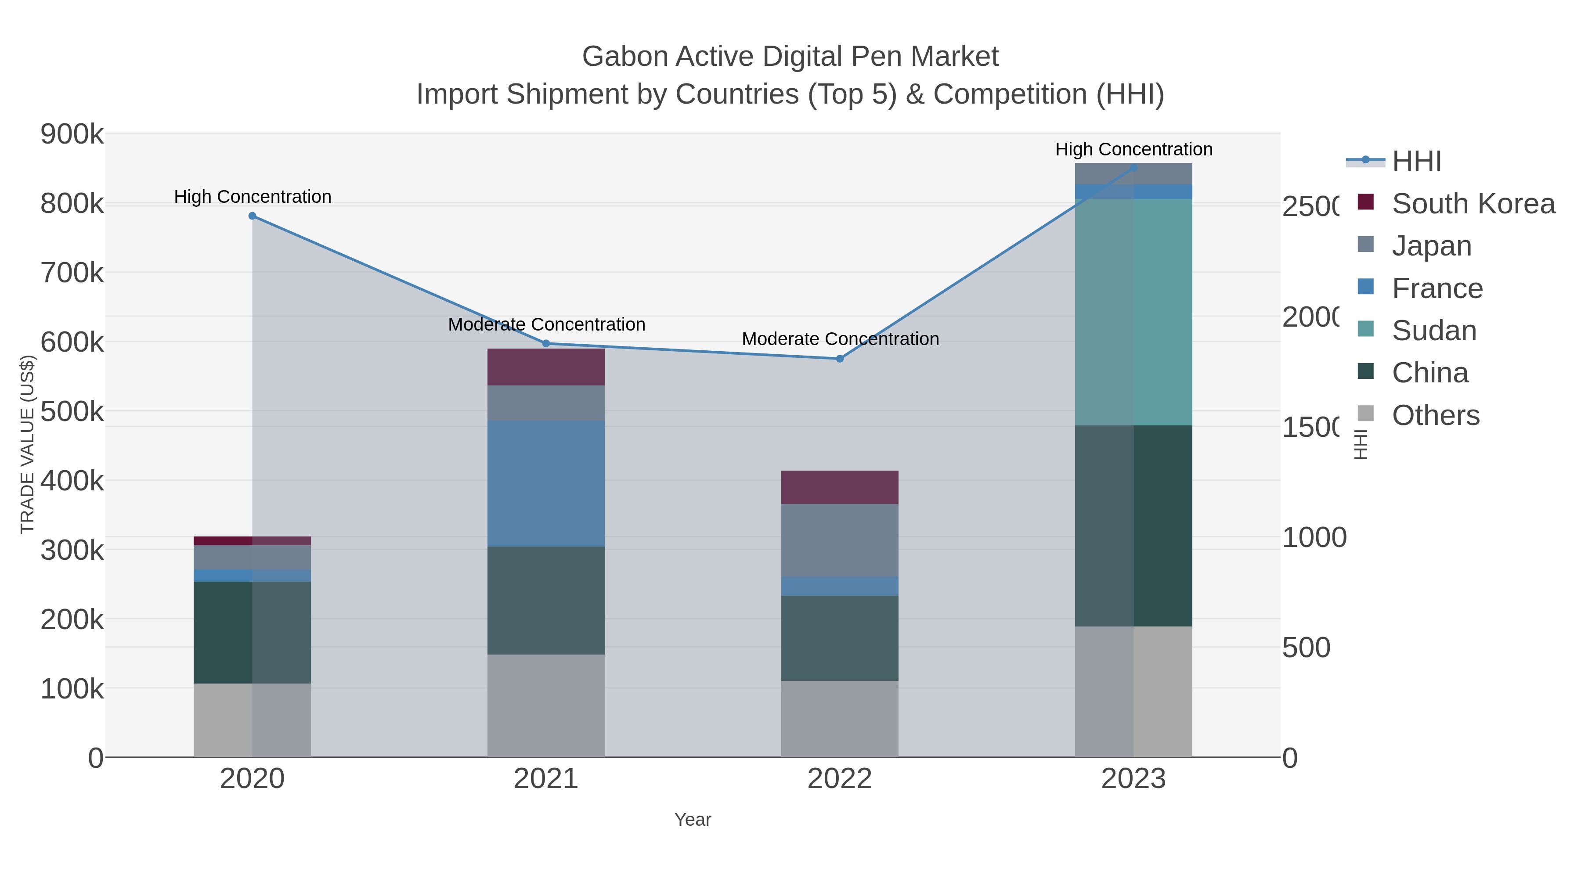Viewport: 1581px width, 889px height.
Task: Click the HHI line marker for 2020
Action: (x=252, y=216)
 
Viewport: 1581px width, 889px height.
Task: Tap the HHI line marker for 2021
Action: (x=546, y=344)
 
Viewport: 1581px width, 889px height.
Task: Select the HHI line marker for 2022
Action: (x=840, y=359)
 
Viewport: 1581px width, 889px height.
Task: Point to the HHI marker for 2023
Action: (x=1133, y=168)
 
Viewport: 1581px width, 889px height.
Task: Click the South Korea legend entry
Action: (x=1473, y=204)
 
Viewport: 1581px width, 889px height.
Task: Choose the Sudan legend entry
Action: (x=1434, y=331)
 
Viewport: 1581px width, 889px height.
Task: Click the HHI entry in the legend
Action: (x=1416, y=162)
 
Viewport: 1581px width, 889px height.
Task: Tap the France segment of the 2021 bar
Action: (x=546, y=483)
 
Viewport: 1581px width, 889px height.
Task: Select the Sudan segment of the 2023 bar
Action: (x=1133, y=312)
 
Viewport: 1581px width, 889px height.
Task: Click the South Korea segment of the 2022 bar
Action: (x=840, y=488)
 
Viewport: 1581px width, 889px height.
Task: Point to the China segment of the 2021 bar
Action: (x=546, y=600)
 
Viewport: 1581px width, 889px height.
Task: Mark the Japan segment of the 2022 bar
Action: (x=840, y=540)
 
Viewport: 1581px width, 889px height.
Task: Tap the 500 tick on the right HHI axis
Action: (x=1306, y=648)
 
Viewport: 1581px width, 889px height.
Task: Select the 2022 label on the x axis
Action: (x=840, y=779)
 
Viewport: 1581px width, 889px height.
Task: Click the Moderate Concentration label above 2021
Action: (x=546, y=324)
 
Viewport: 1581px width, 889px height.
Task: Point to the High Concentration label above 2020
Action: (x=252, y=197)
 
